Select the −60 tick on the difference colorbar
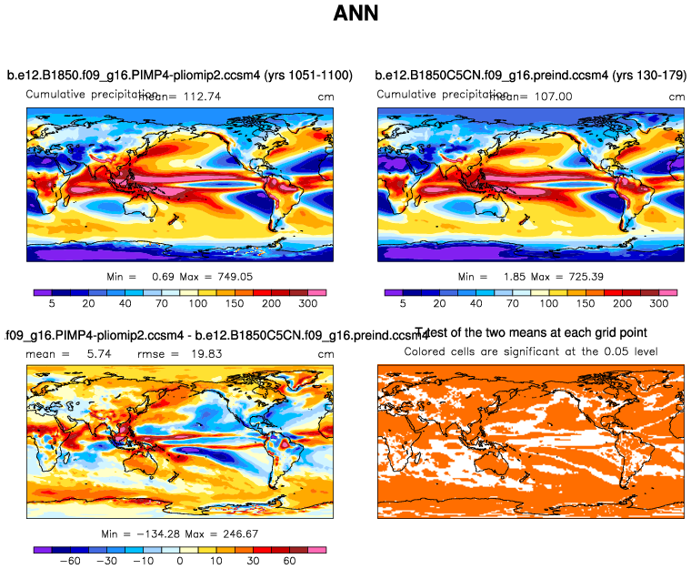pos(69,563)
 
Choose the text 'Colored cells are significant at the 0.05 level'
pos(531,351)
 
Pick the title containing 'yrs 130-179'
pos(531,76)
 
